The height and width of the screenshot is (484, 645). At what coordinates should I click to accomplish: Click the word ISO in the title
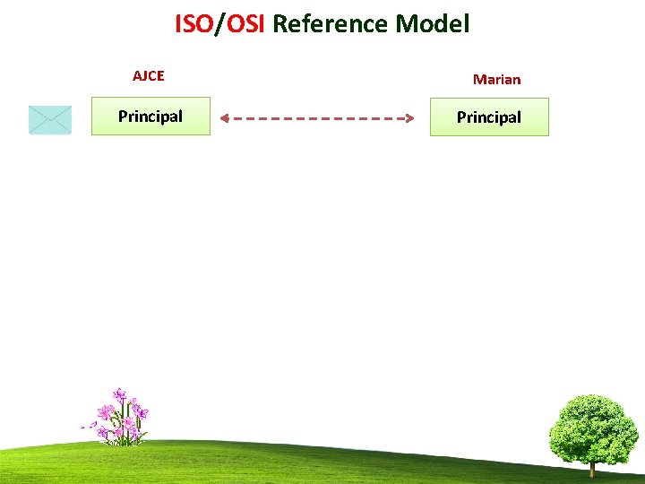point(193,24)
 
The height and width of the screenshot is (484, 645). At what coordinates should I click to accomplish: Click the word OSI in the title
point(244,24)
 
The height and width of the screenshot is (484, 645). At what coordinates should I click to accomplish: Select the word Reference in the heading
point(330,24)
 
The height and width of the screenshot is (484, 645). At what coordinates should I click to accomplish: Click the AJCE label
point(149,75)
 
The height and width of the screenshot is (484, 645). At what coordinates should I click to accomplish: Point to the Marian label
point(496,79)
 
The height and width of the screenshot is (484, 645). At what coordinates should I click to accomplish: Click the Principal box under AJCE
point(150,117)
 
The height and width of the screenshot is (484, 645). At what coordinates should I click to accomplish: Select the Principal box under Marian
point(489,117)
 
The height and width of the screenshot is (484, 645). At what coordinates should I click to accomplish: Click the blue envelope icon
point(50,119)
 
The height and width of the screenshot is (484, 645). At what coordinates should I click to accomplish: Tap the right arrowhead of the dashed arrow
point(408,117)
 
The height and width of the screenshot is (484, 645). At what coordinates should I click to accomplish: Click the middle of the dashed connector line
point(316,117)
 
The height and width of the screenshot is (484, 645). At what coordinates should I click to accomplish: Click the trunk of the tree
point(592,467)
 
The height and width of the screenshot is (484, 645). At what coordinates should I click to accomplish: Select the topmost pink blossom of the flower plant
point(119,393)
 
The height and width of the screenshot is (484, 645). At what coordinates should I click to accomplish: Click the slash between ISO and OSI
point(219,24)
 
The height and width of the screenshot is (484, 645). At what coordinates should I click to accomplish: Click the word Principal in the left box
point(150,116)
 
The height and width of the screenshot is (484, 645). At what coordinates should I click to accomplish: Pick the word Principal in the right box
point(489,117)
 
